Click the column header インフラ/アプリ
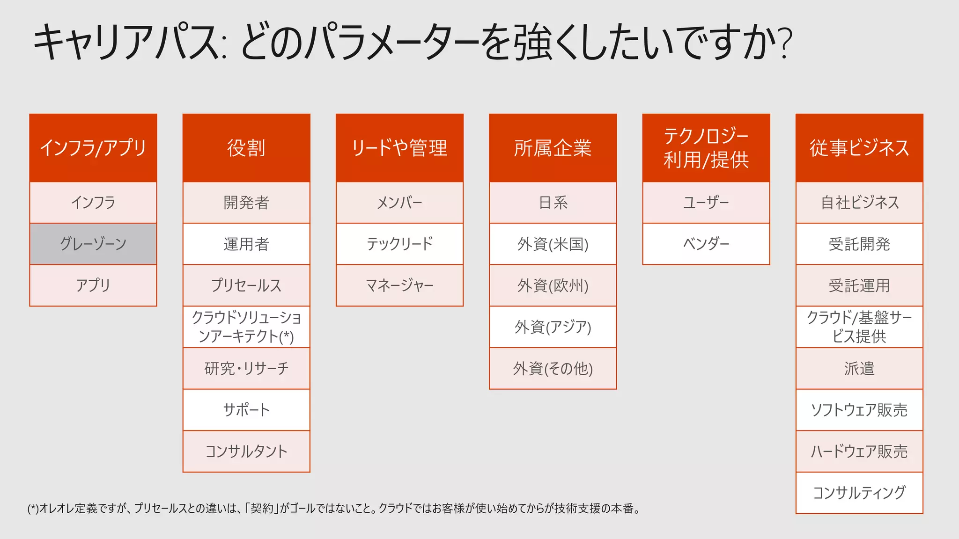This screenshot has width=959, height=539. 93,148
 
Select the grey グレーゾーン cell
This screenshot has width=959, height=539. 93,244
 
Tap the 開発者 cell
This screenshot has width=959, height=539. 246,203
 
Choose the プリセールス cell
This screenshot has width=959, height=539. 246,285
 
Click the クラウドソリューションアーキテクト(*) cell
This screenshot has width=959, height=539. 246,327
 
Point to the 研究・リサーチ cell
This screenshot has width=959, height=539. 246,368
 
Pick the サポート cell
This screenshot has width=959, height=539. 246,410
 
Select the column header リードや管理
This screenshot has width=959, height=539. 399,148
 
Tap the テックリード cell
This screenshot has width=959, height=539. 399,244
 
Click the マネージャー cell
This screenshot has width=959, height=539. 399,285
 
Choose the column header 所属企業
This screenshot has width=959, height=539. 553,148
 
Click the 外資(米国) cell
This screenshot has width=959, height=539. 553,244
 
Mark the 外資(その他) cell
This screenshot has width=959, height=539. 553,368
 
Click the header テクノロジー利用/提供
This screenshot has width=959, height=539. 706,148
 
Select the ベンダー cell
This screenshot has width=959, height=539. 706,244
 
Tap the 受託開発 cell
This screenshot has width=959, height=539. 859,244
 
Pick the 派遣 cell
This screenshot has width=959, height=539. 859,368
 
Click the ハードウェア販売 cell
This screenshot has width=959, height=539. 859,451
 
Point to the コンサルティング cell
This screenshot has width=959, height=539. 859,493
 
